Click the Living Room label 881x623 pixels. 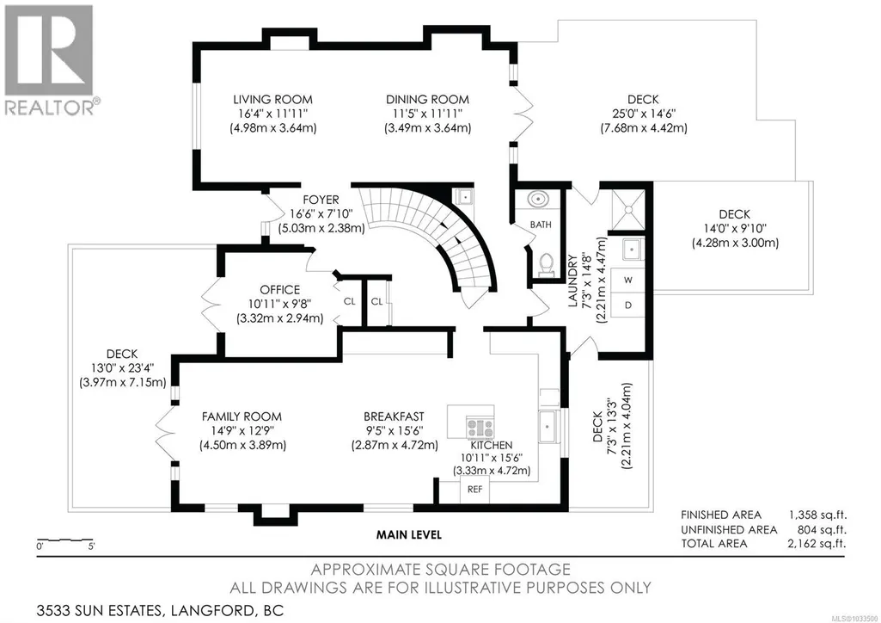[x=273, y=100]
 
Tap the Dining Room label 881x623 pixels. [x=427, y=100]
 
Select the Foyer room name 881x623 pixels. [x=321, y=200]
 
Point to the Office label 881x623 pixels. [x=280, y=290]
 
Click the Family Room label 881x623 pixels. [x=242, y=416]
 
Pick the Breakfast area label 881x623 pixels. [x=394, y=416]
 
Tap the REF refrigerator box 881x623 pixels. [x=474, y=490]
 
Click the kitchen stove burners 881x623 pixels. [x=480, y=428]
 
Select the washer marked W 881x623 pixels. [x=628, y=280]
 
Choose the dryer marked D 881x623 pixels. [x=628, y=305]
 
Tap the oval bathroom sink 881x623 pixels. [x=539, y=199]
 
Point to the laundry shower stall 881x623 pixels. [x=628, y=210]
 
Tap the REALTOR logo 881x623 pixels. [x=50, y=60]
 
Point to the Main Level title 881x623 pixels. [x=409, y=534]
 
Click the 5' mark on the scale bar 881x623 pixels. [x=91, y=546]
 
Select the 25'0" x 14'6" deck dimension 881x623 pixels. [x=644, y=114]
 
